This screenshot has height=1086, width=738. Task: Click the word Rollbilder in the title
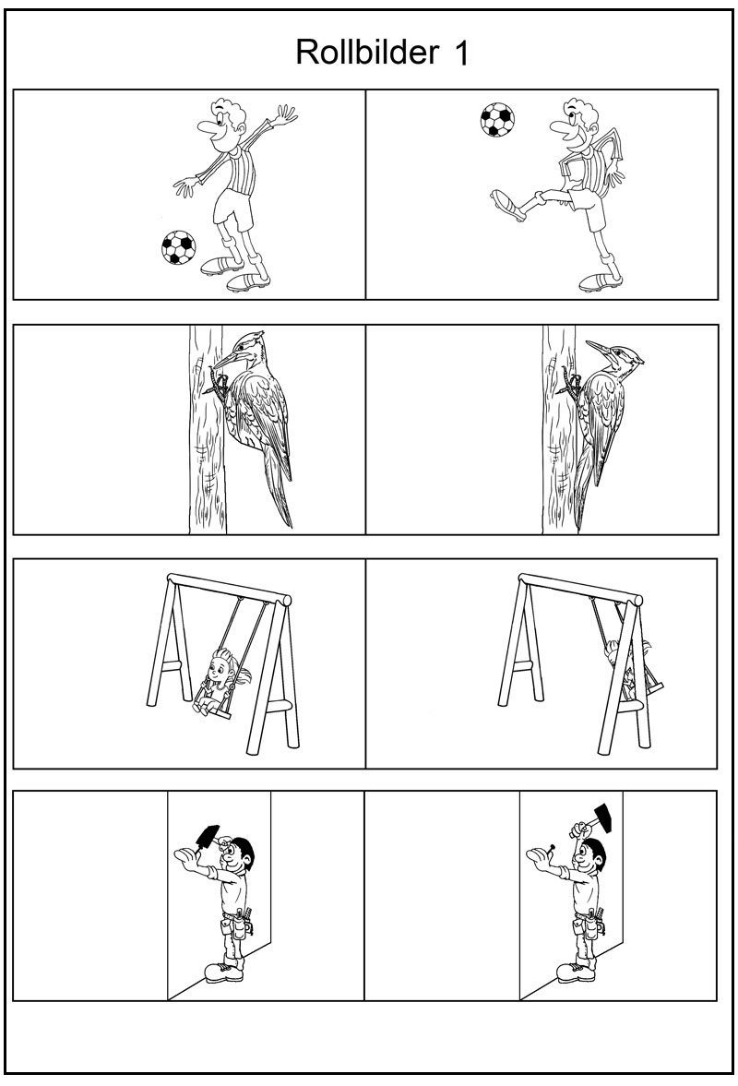pyautogui.click(x=367, y=52)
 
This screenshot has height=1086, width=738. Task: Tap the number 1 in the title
pyautogui.click(x=462, y=54)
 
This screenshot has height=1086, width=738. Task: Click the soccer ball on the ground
pyautogui.click(x=178, y=247)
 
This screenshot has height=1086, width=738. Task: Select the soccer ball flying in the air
pyautogui.click(x=497, y=120)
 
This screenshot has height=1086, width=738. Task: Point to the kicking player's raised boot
pyautogui.click(x=506, y=204)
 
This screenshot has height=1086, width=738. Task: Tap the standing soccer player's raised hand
pyautogui.click(x=284, y=114)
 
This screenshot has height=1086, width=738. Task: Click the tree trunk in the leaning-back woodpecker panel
pyautogui.click(x=559, y=429)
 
